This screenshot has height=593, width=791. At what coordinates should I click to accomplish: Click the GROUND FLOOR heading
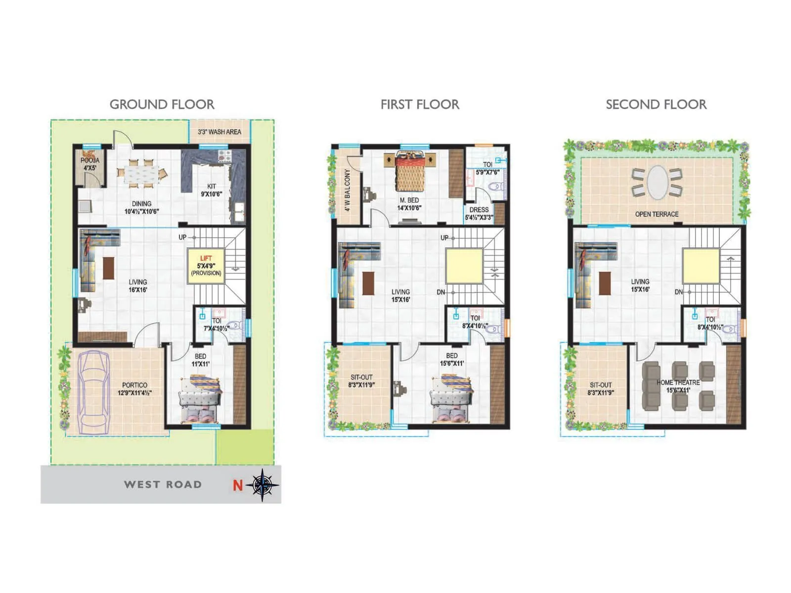[162, 104]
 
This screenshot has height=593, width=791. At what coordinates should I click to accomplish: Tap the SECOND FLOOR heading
[656, 104]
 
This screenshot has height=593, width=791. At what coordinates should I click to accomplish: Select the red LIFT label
[206, 258]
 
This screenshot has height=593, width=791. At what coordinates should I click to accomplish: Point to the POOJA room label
[90, 161]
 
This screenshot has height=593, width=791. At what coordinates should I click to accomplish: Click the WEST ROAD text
[163, 484]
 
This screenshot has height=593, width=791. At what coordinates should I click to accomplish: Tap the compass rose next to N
[263, 485]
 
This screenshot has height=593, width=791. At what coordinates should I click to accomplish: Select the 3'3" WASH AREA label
[220, 132]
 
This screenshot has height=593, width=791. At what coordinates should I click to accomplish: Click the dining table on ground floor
[142, 173]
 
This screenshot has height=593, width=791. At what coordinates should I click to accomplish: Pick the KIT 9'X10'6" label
[211, 190]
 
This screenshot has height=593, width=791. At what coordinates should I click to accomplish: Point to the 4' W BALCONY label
[348, 190]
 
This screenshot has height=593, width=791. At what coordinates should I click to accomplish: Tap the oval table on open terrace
[657, 182]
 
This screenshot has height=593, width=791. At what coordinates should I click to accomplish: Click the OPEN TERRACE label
[657, 214]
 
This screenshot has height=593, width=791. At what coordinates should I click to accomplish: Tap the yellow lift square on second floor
[701, 266]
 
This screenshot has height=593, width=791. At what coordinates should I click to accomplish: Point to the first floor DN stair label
[441, 292]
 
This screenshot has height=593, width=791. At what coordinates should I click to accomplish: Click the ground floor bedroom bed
[200, 399]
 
